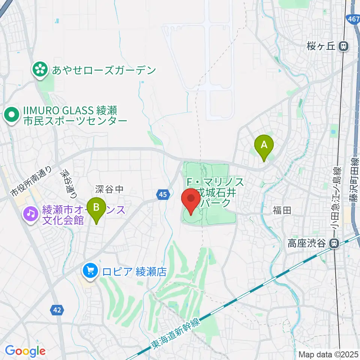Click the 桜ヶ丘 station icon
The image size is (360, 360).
click(343, 46)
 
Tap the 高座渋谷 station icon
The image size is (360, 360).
click(334, 243)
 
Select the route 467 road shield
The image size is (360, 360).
click(353, 19)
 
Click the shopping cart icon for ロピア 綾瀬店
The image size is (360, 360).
click(90, 271)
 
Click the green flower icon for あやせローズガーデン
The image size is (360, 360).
click(39, 69)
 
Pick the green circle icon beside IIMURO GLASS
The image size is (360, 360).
click(12, 115)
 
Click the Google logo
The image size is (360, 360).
click(25, 351)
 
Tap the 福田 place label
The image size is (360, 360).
click(282, 211)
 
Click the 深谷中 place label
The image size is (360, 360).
click(109, 189)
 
